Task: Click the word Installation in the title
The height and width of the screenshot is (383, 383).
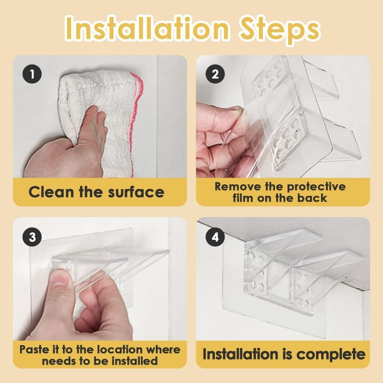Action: pyautogui.click(x=147, y=28)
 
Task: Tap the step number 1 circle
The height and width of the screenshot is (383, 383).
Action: pyautogui.click(x=32, y=74)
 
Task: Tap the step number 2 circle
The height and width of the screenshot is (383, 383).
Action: pyautogui.click(x=215, y=74)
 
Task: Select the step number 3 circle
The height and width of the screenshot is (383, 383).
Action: pyautogui.click(x=32, y=237)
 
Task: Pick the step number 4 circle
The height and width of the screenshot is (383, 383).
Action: pyautogui.click(x=215, y=237)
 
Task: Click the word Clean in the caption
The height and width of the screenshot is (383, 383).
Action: pyautogui.click(x=51, y=192)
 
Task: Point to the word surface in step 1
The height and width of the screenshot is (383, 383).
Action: pyautogui.click(x=136, y=192)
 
